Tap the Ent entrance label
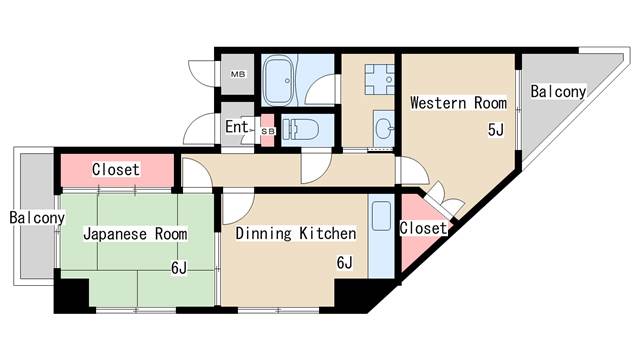point(236,127)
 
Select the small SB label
point(267,130)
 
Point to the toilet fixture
point(301,130)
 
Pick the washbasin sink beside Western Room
point(382,127)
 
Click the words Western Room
point(458,102)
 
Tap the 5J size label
point(494,130)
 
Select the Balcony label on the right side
point(558,92)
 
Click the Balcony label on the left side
point(37,217)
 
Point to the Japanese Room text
point(135,234)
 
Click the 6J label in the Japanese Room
point(178,266)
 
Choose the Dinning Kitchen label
point(296,234)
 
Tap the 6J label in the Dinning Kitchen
point(344,263)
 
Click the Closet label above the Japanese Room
point(116,169)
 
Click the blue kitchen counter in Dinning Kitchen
point(381,240)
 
